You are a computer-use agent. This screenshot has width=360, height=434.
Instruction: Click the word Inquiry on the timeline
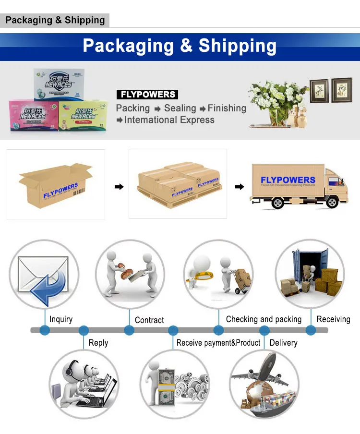point(61,319)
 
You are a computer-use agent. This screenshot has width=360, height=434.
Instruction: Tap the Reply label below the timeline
point(98,343)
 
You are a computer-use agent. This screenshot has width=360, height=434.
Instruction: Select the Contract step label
point(149,320)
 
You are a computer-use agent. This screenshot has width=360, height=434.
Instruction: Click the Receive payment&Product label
point(218,343)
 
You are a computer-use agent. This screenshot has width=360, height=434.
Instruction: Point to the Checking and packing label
point(264,319)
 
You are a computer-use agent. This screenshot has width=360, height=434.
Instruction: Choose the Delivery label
point(283,343)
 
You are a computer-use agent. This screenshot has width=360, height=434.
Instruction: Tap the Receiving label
point(333,319)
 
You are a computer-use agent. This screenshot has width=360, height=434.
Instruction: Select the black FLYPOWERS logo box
point(147,95)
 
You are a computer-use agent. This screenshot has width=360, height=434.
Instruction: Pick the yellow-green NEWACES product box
point(83,117)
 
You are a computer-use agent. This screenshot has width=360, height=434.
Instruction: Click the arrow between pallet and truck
point(239,186)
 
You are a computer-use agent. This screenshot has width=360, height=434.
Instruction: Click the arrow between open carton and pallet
point(118,186)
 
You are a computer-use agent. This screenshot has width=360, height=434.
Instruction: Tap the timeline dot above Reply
point(84,330)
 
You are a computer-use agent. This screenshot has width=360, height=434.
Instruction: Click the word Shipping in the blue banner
point(238,46)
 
